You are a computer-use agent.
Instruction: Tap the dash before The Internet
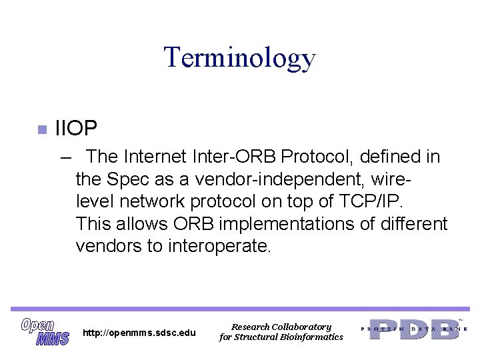click(x=65, y=157)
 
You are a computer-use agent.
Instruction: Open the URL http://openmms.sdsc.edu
click(x=139, y=333)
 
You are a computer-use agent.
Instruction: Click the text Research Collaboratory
click(x=281, y=327)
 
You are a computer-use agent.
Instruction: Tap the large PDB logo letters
click(x=414, y=329)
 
